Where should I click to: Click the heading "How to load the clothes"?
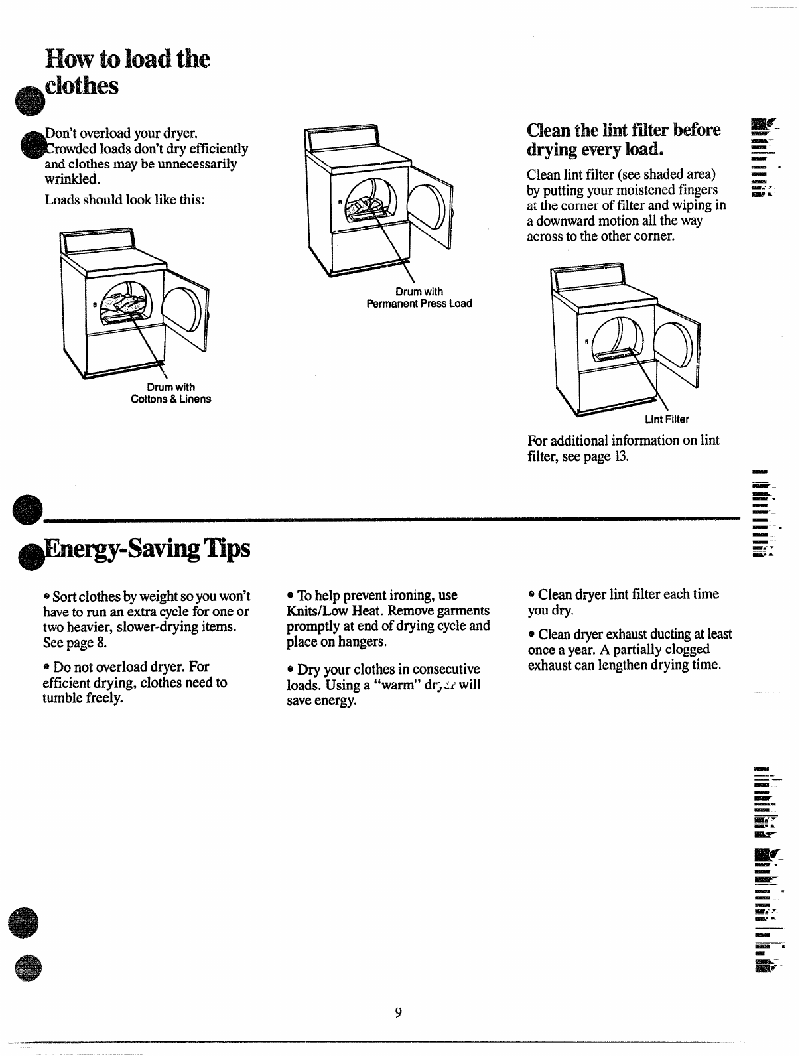click(x=126, y=72)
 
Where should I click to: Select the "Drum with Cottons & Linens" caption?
click(x=170, y=393)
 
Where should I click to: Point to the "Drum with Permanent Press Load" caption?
click(x=419, y=297)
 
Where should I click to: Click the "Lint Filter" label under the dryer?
click(x=667, y=419)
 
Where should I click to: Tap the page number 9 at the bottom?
click(x=398, y=1012)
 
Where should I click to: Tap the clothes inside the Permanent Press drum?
click(x=370, y=199)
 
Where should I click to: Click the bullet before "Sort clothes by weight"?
click(x=46, y=595)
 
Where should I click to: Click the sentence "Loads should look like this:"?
click(x=124, y=199)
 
